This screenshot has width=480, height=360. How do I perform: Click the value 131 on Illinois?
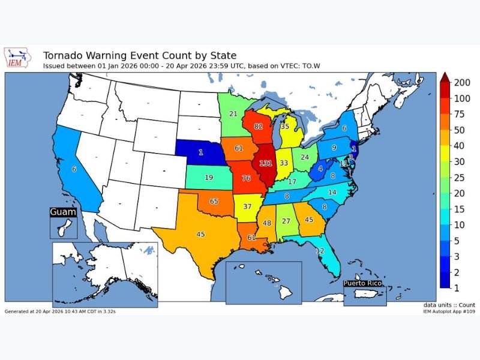[x=266, y=163]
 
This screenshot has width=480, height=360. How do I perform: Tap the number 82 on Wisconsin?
[x=258, y=127]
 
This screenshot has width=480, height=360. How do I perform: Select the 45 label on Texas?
[x=200, y=234]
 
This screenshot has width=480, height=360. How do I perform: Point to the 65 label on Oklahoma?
[x=214, y=202]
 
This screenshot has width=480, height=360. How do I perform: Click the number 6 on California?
[x=74, y=170]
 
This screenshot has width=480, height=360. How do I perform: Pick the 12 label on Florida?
[x=320, y=250]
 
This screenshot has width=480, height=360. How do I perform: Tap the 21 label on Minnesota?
[x=233, y=114]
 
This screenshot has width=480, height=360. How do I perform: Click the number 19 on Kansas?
[x=208, y=178]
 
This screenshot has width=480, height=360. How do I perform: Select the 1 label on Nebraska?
[x=201, y=152]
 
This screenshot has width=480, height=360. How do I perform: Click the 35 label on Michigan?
[x=284, y=127]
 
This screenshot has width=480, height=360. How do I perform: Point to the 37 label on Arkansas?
[x=247, y=206]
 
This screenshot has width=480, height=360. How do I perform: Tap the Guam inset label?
[x=63, y=212]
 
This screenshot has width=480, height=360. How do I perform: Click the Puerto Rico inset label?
[x=366, y=283]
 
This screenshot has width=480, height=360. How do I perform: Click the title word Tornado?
[x=64, y=56]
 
